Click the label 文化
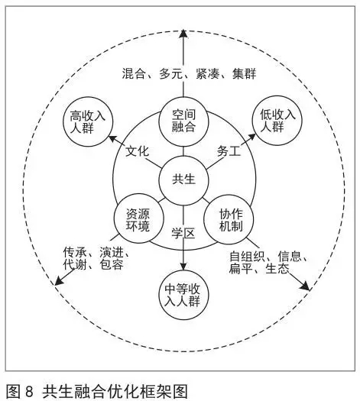[x=137, y=151]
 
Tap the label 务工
[x=229, y=151]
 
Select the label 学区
[x=183, y=234]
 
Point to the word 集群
[x=244, y=73]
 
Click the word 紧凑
[x=207, y=73]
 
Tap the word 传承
[x=75, y=252]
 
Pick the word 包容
[x=112, y=264]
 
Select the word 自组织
[x=247, y=257]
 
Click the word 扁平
[x=241, y=269]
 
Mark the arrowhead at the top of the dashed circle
[x=183, y=34]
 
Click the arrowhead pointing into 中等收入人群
[x=183, y=266]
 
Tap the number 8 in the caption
[x=29, y=391]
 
